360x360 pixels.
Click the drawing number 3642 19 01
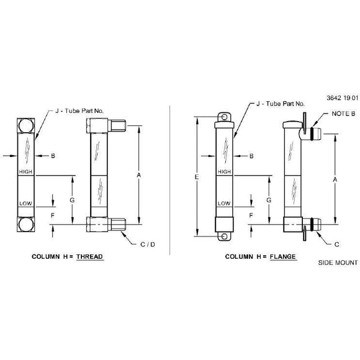(343, 98)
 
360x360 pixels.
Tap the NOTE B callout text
(343, 114)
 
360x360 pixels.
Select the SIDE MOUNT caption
(338, 263)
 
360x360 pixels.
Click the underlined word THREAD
(90, 256)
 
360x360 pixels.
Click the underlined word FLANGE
(282, 256)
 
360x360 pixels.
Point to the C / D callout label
(148, 245)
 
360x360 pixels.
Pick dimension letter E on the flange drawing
(197, 177)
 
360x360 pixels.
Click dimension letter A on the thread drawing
(138, 175)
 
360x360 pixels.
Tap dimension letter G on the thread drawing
(72, 200)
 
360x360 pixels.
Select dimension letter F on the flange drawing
(251, 215)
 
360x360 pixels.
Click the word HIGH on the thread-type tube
(25, 172)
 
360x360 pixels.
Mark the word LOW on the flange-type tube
(224, 204)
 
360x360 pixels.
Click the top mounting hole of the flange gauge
(224, 117)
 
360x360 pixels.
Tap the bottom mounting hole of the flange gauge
(224, 236)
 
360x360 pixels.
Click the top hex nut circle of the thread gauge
(26, 125)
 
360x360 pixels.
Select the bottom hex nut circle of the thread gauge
(26, 224)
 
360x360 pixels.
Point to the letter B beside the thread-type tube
(53, 156)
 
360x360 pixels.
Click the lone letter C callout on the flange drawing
(336, 245)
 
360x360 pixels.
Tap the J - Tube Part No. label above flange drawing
(281, 104)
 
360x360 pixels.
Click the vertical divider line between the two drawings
(170, 180)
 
